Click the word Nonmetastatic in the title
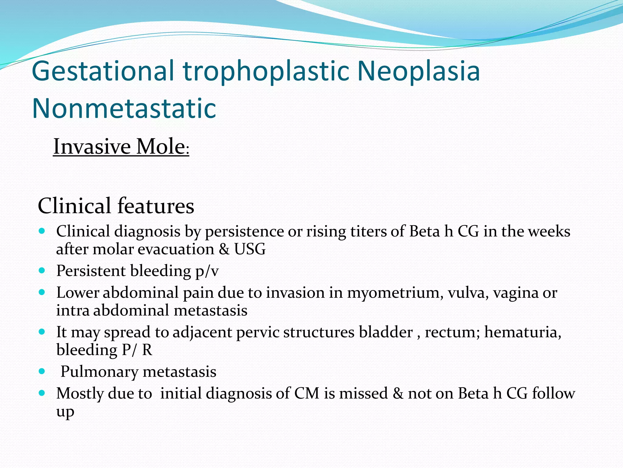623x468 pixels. pos(124,108)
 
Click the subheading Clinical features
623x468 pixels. pos(116,206)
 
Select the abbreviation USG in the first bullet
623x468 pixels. pos(250,249)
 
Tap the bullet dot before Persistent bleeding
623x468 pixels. pos(42,270)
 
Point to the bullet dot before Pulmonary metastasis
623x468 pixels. pos(42,371)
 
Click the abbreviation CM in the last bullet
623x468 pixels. pos(307,393)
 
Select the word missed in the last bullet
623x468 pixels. pos(363,393)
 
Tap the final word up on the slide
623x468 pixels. pos(65,412)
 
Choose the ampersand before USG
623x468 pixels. pos(224,249)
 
